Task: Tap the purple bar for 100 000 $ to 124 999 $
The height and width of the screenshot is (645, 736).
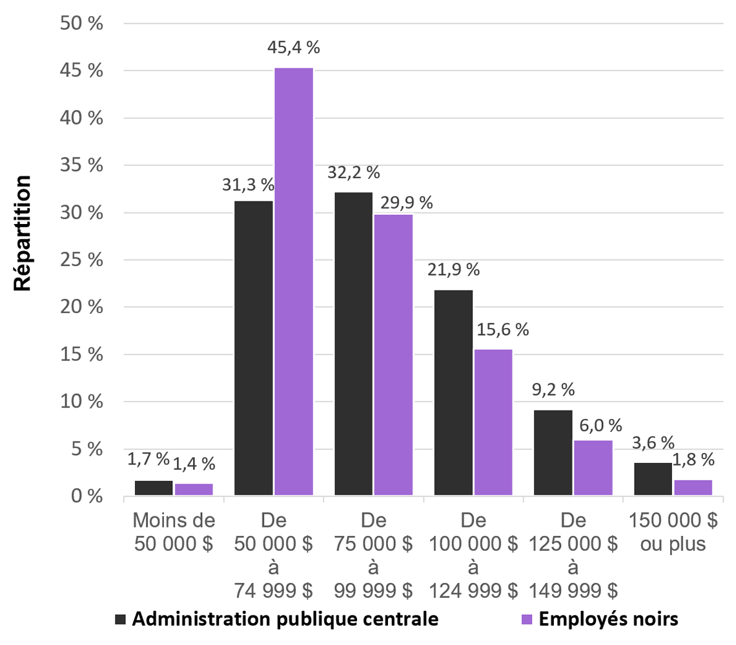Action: coord(494,423)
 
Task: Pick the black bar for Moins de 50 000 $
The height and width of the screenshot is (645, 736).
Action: coord(154,489)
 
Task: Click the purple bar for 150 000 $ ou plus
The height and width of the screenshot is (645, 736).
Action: coord(693,488)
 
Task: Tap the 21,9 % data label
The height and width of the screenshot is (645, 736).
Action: coord(454,269)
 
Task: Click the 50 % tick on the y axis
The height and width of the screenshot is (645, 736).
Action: coord(82,24)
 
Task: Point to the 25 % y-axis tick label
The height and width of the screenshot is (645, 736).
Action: coord(82,260)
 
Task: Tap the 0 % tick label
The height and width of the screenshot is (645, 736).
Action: coord(87,497)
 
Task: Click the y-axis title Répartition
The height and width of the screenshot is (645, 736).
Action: coord(23,232)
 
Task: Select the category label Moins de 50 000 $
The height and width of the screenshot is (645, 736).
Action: coord(174,531)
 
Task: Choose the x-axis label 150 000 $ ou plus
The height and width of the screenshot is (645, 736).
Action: coord(673,531)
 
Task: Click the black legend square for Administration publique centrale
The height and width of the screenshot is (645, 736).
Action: coord(120,619)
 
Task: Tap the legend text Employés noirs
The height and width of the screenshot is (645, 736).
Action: coord(608,619)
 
